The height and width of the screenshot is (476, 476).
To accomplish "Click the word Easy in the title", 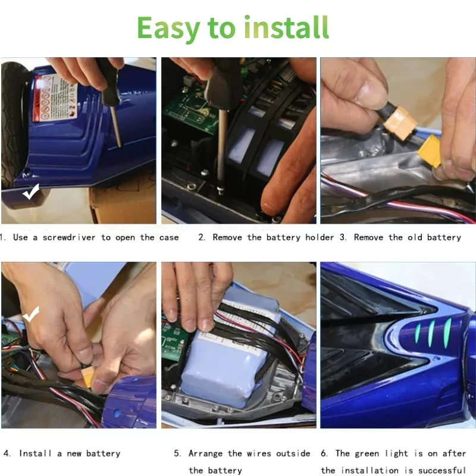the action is pos(168,29).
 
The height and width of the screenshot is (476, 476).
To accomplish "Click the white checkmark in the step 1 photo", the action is pos(31,192).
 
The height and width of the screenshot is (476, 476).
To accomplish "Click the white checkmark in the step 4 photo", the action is pos(31,314).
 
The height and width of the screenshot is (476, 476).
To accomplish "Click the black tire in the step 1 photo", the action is pos(14,124).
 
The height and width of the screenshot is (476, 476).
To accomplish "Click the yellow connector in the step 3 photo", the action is pos(430,151).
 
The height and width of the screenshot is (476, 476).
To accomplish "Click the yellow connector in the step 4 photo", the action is pos(86,378).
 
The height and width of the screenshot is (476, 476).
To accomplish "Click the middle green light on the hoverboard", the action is pos(431,334).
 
